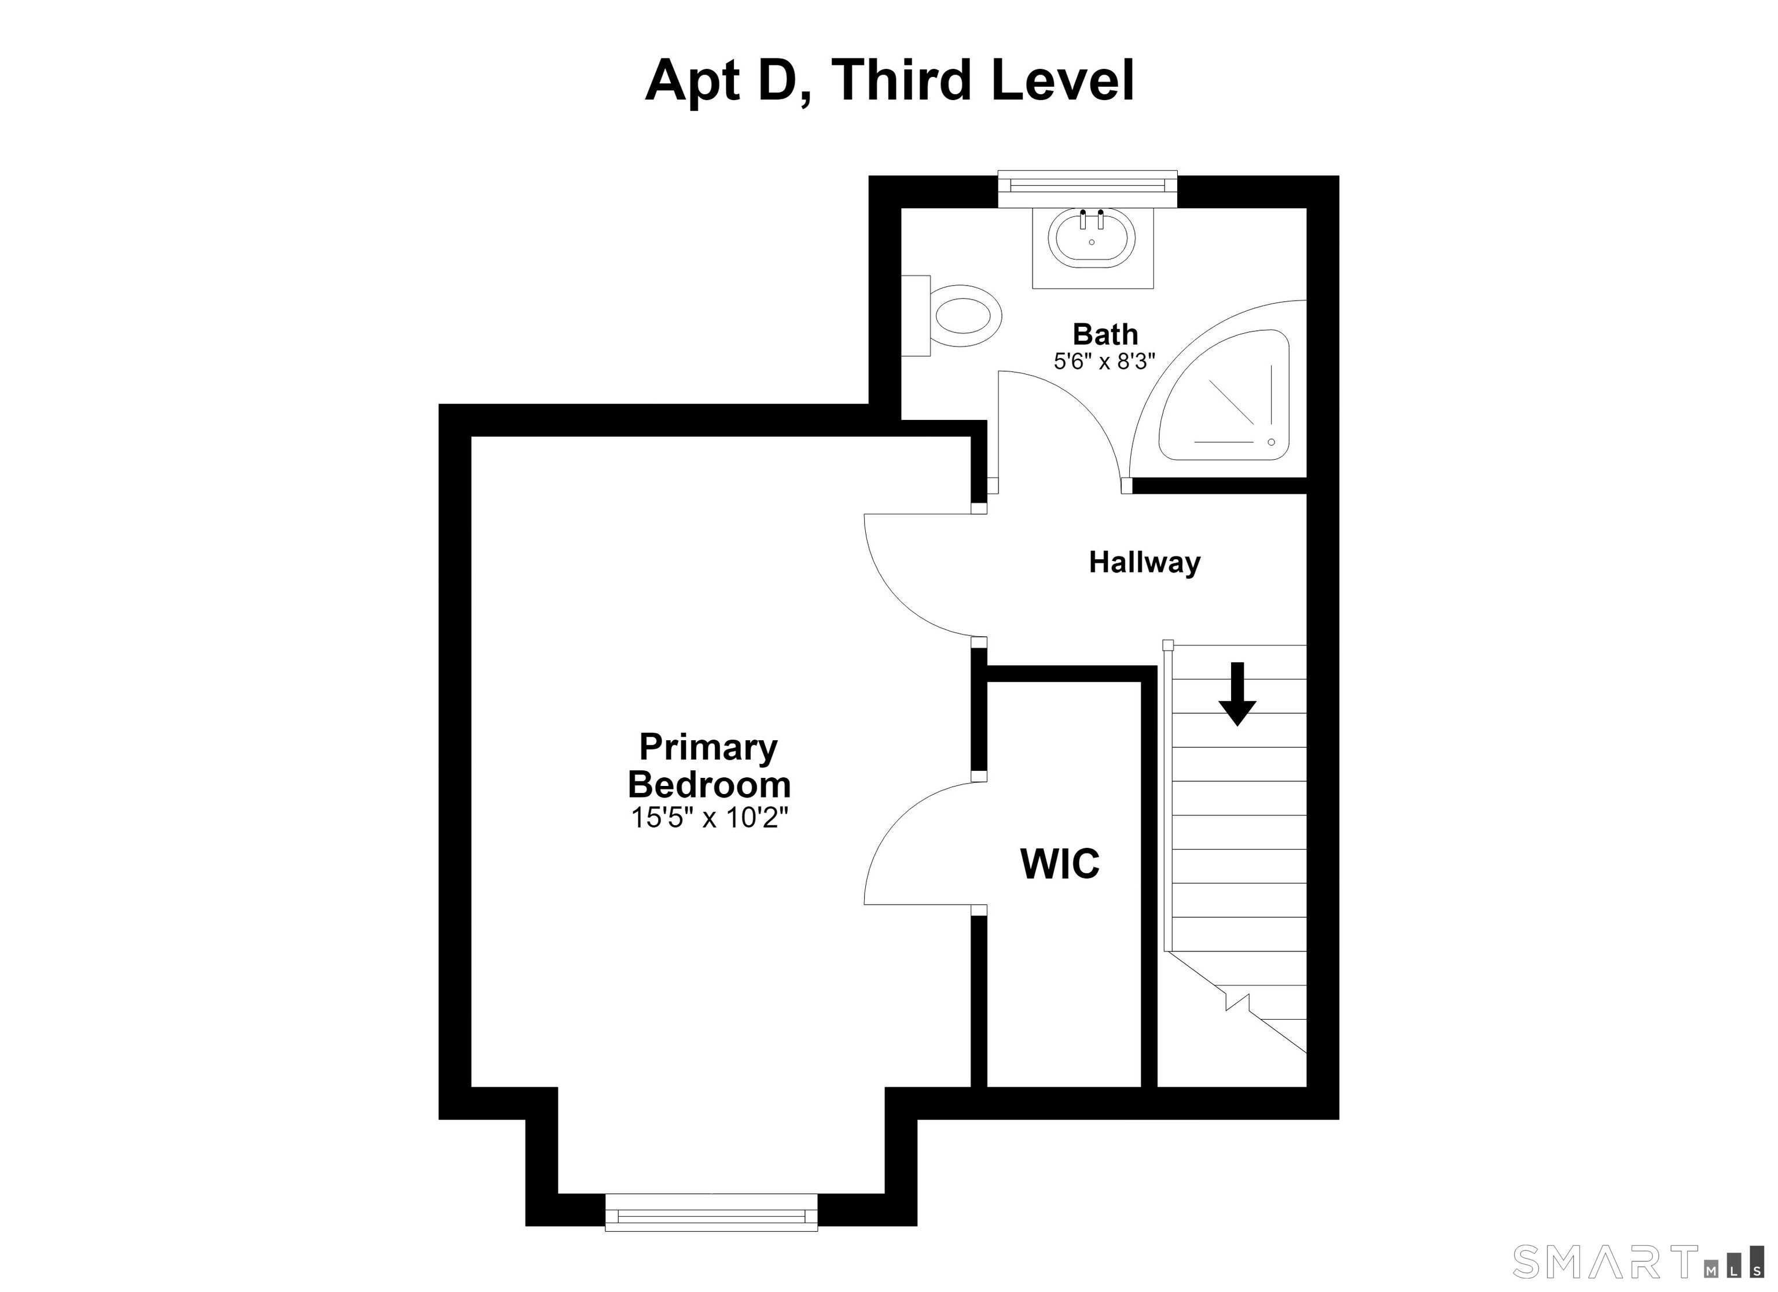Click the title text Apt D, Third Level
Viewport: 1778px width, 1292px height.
889,81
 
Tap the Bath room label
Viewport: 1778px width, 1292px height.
1105,334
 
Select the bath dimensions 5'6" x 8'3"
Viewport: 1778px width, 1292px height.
1104,362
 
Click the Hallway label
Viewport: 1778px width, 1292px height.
1145,563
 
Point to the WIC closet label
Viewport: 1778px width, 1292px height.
1060,863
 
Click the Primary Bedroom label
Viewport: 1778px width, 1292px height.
708,766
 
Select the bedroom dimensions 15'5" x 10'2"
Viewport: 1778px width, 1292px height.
708,818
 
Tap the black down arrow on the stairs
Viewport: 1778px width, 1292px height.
1237,694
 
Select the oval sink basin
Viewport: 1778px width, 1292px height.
1091,239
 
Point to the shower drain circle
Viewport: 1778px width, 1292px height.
1272,442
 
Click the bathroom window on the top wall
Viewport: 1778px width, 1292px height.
1088,189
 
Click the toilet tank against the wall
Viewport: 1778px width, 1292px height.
916,316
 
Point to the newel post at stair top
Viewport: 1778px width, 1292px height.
1167,645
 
